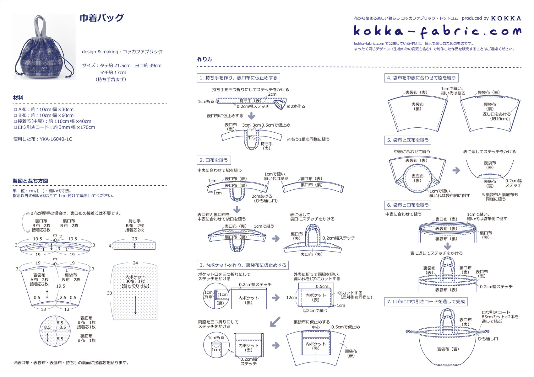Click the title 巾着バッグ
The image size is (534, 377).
point(101,18)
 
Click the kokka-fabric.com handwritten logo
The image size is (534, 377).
point(437,31)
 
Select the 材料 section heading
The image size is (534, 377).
point(18,98)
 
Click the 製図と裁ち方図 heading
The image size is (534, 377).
point(30,181)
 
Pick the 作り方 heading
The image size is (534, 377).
point(204,59)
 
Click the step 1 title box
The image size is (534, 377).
point(238,78)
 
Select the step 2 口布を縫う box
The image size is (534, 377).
point(214,160)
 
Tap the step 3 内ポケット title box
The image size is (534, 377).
point(243,265)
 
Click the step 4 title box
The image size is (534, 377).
point(421,78)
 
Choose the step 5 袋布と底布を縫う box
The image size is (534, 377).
point(408,140)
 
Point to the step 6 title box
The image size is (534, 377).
point(408,205)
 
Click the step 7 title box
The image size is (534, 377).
point(426,301)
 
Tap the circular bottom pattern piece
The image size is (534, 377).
point(55,331)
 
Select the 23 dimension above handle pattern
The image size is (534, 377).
point(134,239)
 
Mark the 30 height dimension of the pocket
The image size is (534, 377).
point(109,293)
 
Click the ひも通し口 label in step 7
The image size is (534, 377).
point(488,339)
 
